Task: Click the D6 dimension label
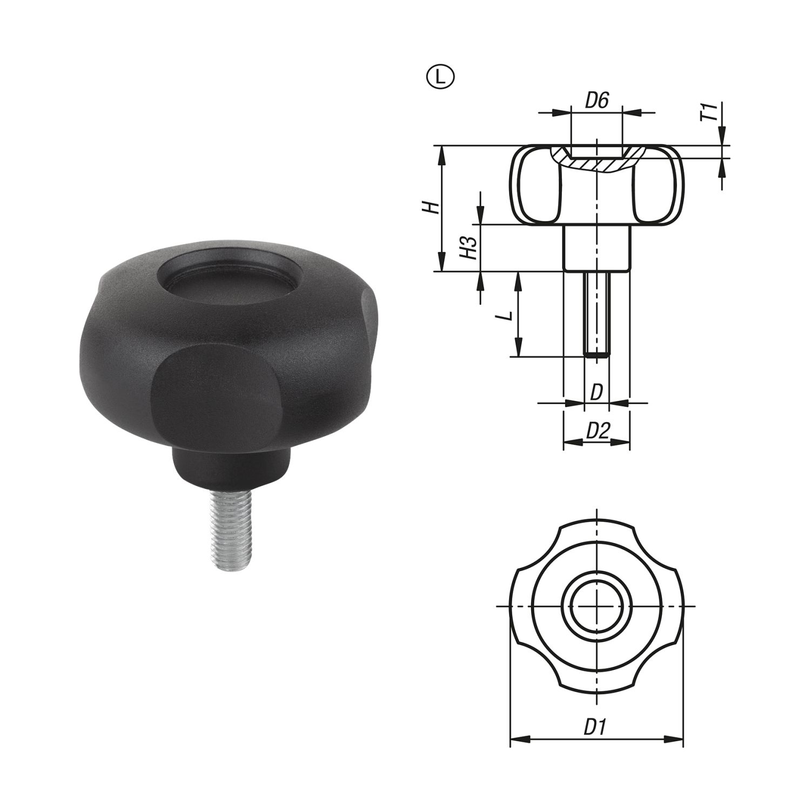coord(598,101)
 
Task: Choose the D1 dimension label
coord(596,727)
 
